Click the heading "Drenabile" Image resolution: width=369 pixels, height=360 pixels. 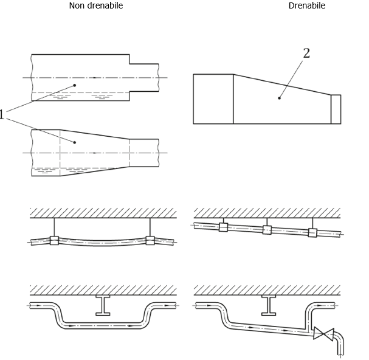tap(307, 5)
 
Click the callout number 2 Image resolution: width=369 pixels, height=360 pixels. tap(306, 54)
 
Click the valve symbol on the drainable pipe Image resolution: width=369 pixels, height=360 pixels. tap(323, 333)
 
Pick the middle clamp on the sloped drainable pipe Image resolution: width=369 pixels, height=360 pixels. tap(267, 230)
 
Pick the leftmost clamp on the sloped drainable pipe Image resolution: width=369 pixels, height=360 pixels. tap(223, 227)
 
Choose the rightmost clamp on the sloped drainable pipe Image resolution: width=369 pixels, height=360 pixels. tap(312, 232)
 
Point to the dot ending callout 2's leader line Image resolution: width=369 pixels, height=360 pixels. tap(280, 97)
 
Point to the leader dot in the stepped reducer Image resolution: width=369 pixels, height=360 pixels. tap(75, 86)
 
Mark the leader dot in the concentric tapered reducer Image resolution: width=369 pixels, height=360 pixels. tap(75, 142)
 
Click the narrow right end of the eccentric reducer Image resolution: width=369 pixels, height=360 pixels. tap(336, 109)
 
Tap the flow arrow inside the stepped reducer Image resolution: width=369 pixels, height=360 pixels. tap(95, 78)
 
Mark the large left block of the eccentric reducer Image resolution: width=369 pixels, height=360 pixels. tap(213, 99)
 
